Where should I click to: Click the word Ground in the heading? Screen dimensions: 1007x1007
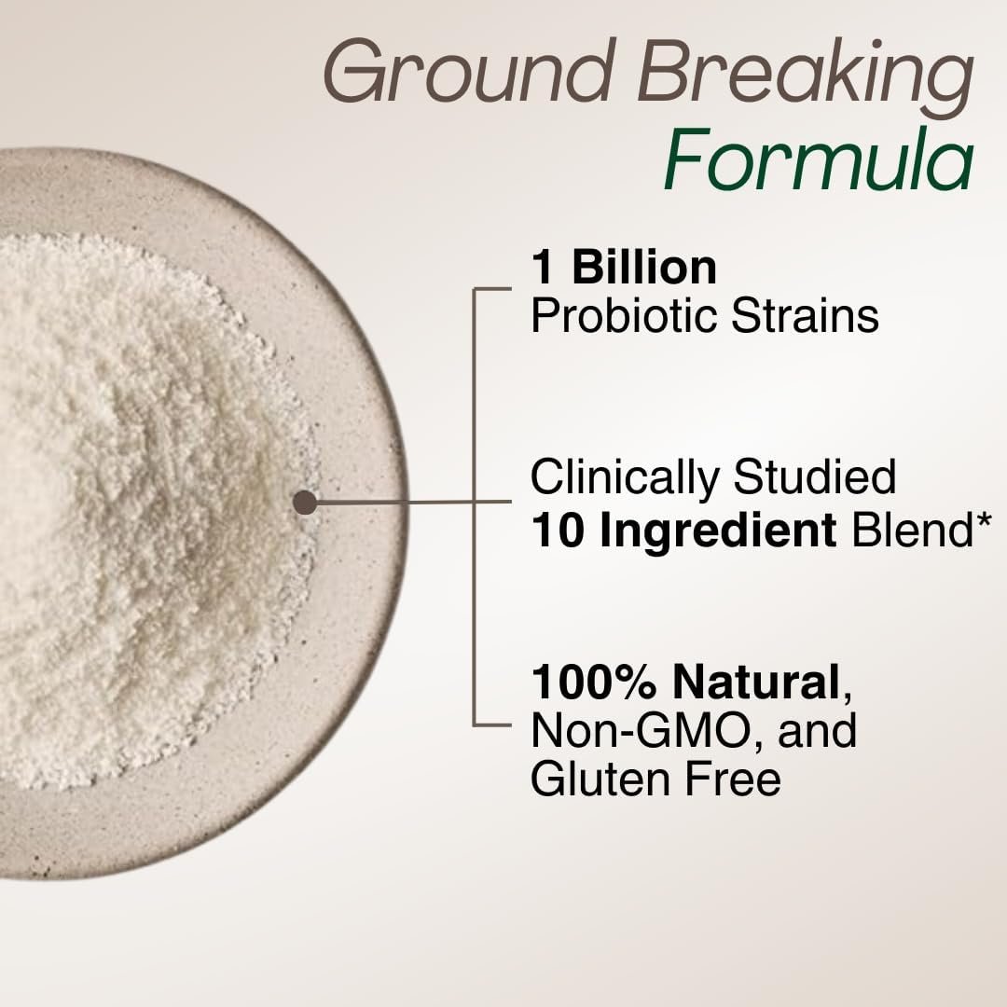point(467,71)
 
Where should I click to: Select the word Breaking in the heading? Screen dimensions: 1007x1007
point(806,77)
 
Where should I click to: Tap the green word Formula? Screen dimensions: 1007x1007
point(819,159)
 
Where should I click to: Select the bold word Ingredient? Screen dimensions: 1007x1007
point(718,531)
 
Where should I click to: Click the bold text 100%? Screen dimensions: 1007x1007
point(594,682)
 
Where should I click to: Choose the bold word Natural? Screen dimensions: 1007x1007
point(756,682)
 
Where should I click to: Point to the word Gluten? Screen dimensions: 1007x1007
point(600,778)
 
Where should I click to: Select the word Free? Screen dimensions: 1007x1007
point(734,778)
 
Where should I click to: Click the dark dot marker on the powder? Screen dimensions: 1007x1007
point(305,503)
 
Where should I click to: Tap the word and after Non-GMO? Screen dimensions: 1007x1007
point(817,730)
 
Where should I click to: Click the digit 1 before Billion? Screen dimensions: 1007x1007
point(543,268)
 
